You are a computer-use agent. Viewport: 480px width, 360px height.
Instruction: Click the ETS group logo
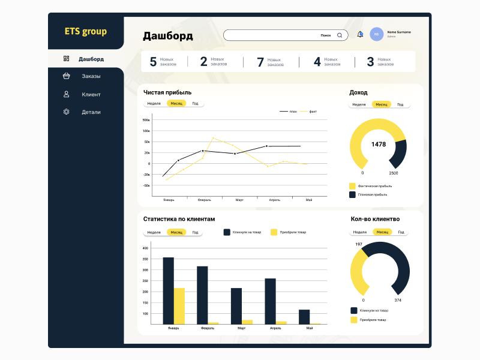(85, 31)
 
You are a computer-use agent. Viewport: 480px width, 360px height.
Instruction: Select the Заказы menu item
(91, 76)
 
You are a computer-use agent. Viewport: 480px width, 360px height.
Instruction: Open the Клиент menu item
(91, 94)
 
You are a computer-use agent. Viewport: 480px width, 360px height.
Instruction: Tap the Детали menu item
(91, 112)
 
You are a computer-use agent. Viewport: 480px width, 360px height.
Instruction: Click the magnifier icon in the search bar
(340, 35)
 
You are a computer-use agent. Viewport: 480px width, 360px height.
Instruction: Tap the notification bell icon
(360, 34)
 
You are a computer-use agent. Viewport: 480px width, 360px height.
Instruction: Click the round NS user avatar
(377, 34)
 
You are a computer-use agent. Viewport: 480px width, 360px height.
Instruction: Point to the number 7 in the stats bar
(260, 62)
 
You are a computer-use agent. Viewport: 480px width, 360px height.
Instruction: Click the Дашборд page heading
(168, 36)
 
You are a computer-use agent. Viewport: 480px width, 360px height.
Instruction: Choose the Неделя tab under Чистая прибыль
(154, 103)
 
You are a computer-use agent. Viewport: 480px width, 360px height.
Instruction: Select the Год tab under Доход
(400, 104)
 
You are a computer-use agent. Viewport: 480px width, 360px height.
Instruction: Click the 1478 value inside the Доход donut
(379, 145)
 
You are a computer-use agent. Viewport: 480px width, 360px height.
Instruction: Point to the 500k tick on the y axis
(146, 120)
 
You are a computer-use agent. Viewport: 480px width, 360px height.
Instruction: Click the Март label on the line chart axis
(239, 199)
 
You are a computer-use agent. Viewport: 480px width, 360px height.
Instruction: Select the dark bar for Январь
(169, 290)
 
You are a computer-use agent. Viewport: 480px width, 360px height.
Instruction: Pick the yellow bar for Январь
(179, 306)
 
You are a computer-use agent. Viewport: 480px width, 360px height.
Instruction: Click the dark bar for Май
(304, 317)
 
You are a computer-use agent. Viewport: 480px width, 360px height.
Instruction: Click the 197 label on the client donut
(359, 244)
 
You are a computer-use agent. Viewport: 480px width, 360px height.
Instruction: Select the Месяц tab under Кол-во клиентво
(382, 232)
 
